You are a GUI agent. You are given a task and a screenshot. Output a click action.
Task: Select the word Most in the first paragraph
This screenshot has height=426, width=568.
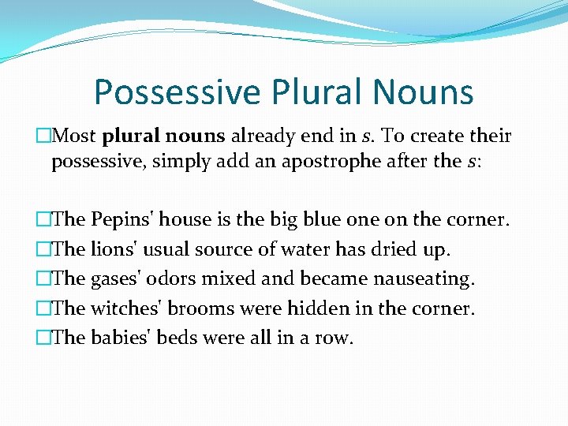click(x=74, y=136)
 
